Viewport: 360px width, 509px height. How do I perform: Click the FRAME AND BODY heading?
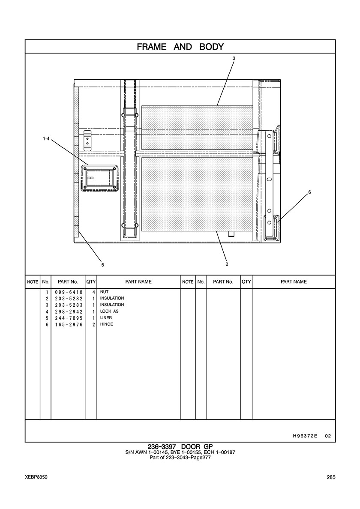(x=180, y=47)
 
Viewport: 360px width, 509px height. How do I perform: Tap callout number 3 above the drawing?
(x=234, y=58)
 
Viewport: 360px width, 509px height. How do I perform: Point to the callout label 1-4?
(x=46, y=139)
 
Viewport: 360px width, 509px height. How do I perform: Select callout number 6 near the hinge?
(x=309, y=192)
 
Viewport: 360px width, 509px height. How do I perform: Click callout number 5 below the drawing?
(x=102, y=265)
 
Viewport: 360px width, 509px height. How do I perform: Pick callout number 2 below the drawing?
(x=227, y=264)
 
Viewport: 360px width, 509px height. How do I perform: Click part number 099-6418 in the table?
(x=69, y=292)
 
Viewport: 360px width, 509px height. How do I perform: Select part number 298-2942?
(x=69, y=311)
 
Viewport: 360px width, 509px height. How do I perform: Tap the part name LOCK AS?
(x=109, y=311)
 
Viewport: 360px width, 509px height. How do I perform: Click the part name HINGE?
(x=106, y=324)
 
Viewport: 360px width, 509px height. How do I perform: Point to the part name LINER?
(x=106, y=318)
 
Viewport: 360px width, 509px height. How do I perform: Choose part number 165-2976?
(x=69, y=325)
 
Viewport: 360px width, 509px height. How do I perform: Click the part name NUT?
(x=104, y=292)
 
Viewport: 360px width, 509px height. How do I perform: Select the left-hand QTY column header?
(x=91, y=282)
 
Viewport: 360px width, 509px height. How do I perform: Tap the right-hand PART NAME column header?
(x=294, y=282)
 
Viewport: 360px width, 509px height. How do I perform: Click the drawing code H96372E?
(x=305, y=436)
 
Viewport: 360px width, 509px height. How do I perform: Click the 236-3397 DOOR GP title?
(x=180, y=447)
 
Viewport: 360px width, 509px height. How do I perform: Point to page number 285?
(x=331, y=477)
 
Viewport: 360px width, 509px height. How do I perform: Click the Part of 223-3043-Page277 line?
(x=180, y=458)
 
